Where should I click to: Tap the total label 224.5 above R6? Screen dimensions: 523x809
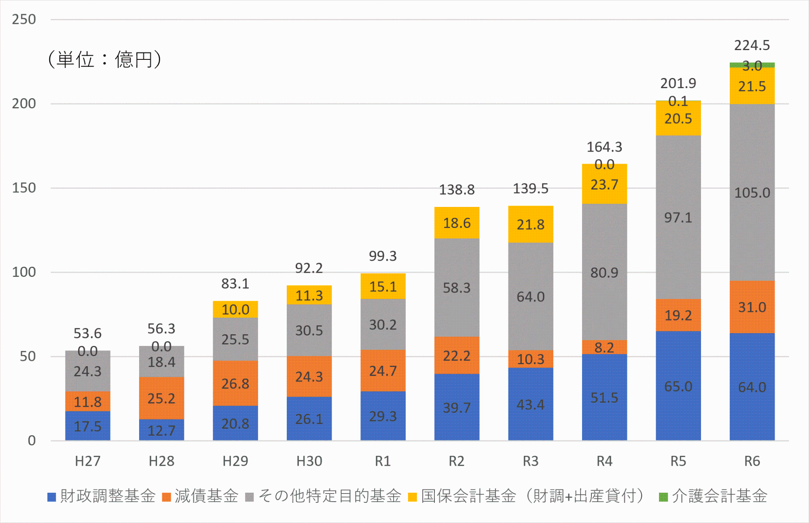coord(752,45)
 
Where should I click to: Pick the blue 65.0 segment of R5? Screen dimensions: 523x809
coord(678,386)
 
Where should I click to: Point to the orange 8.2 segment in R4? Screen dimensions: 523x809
coord(604,347)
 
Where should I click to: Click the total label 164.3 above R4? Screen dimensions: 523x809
coord(604,147)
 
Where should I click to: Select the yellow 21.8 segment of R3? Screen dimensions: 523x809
coord(531,224)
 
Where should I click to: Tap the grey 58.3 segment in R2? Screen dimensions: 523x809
coord(457,288)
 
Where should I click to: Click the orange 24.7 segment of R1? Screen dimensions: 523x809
coord(383,371)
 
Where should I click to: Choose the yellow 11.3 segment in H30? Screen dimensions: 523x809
coord(309,295)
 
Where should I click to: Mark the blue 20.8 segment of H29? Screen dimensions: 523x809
coord(235,423)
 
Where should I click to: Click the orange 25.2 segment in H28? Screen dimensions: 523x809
coord(161,399)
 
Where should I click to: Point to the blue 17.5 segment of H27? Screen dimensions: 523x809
coord(88,426)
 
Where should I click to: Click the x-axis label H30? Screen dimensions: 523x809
coord(309,461)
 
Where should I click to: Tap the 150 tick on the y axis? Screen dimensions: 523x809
coord(24,188)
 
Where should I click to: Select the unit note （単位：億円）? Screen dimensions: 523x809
coord(105,59)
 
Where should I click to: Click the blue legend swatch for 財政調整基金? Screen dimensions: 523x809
coord(52,497)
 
